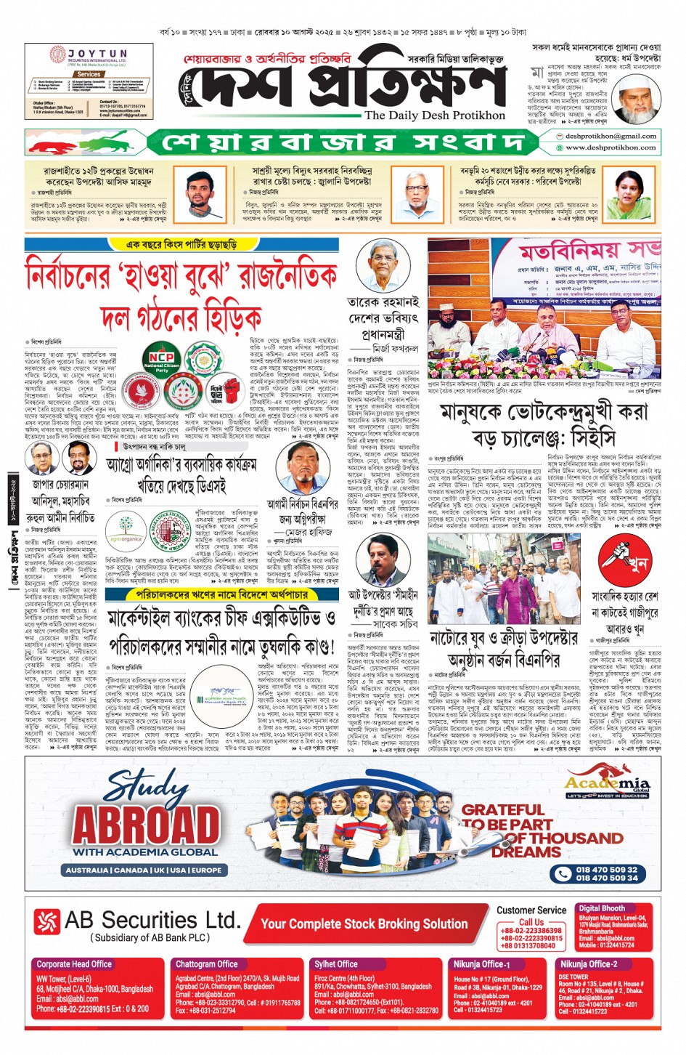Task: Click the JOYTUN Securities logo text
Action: (97, 54)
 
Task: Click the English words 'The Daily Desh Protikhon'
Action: (434, 116)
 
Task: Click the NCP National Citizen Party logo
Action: (160, 361)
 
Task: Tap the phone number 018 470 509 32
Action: (607, 869)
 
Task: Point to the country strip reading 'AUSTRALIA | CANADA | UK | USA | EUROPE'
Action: (144, 870)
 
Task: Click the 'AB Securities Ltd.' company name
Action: (151, 921)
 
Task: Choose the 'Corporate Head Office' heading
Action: (74, 963)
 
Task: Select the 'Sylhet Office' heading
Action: (336, 963)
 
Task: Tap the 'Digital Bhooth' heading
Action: (601, 908)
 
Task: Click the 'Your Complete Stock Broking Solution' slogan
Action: (364, 924)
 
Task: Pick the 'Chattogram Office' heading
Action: (206, 963)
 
